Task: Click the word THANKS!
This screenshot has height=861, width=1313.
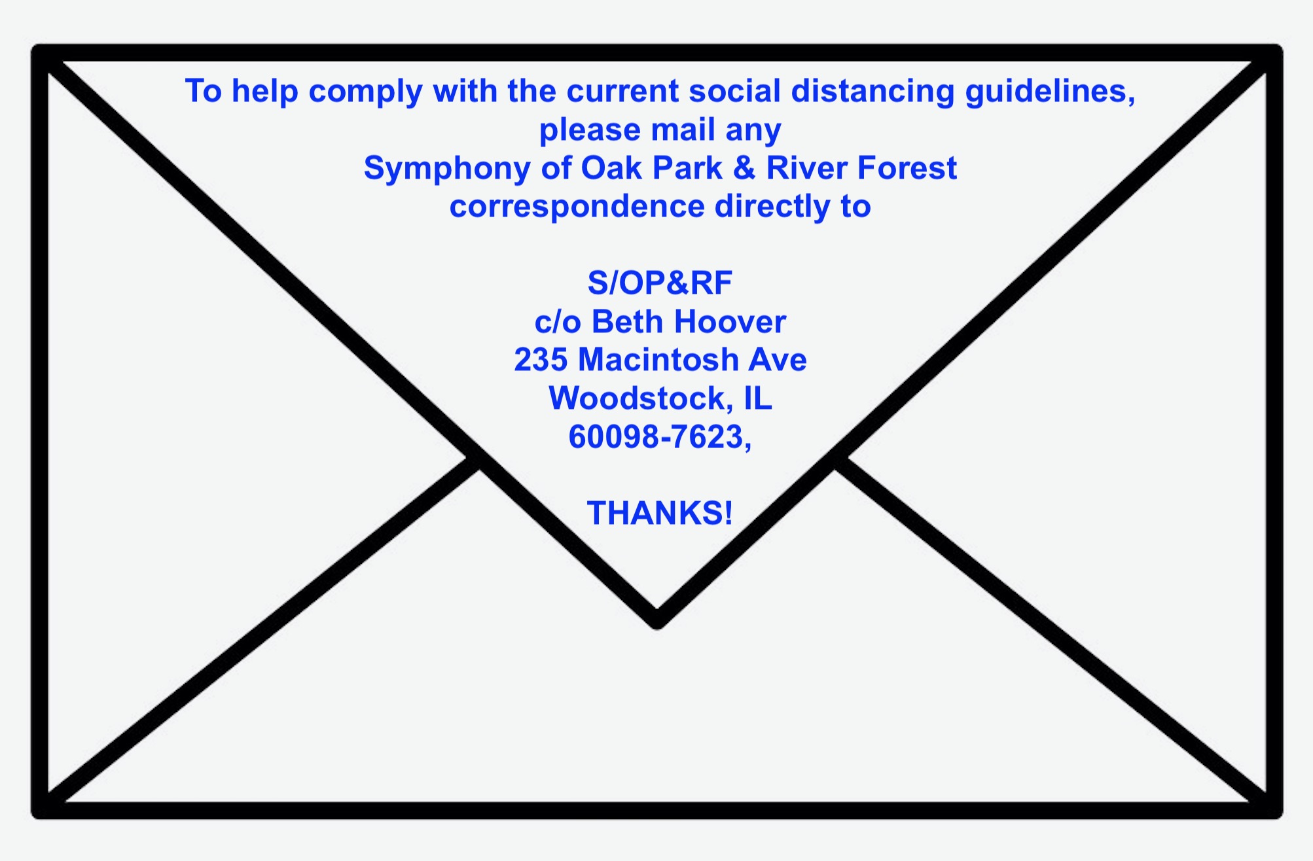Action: (660, 513)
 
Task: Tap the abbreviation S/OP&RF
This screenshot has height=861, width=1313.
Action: (660, 283)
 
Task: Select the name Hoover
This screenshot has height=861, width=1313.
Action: (730, 322)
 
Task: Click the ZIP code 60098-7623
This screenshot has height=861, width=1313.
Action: (656, 437)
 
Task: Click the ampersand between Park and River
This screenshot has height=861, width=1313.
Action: (744, 168)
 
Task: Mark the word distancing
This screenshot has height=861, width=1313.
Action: (873, 91)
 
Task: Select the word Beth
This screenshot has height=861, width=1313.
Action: (628, 322)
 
